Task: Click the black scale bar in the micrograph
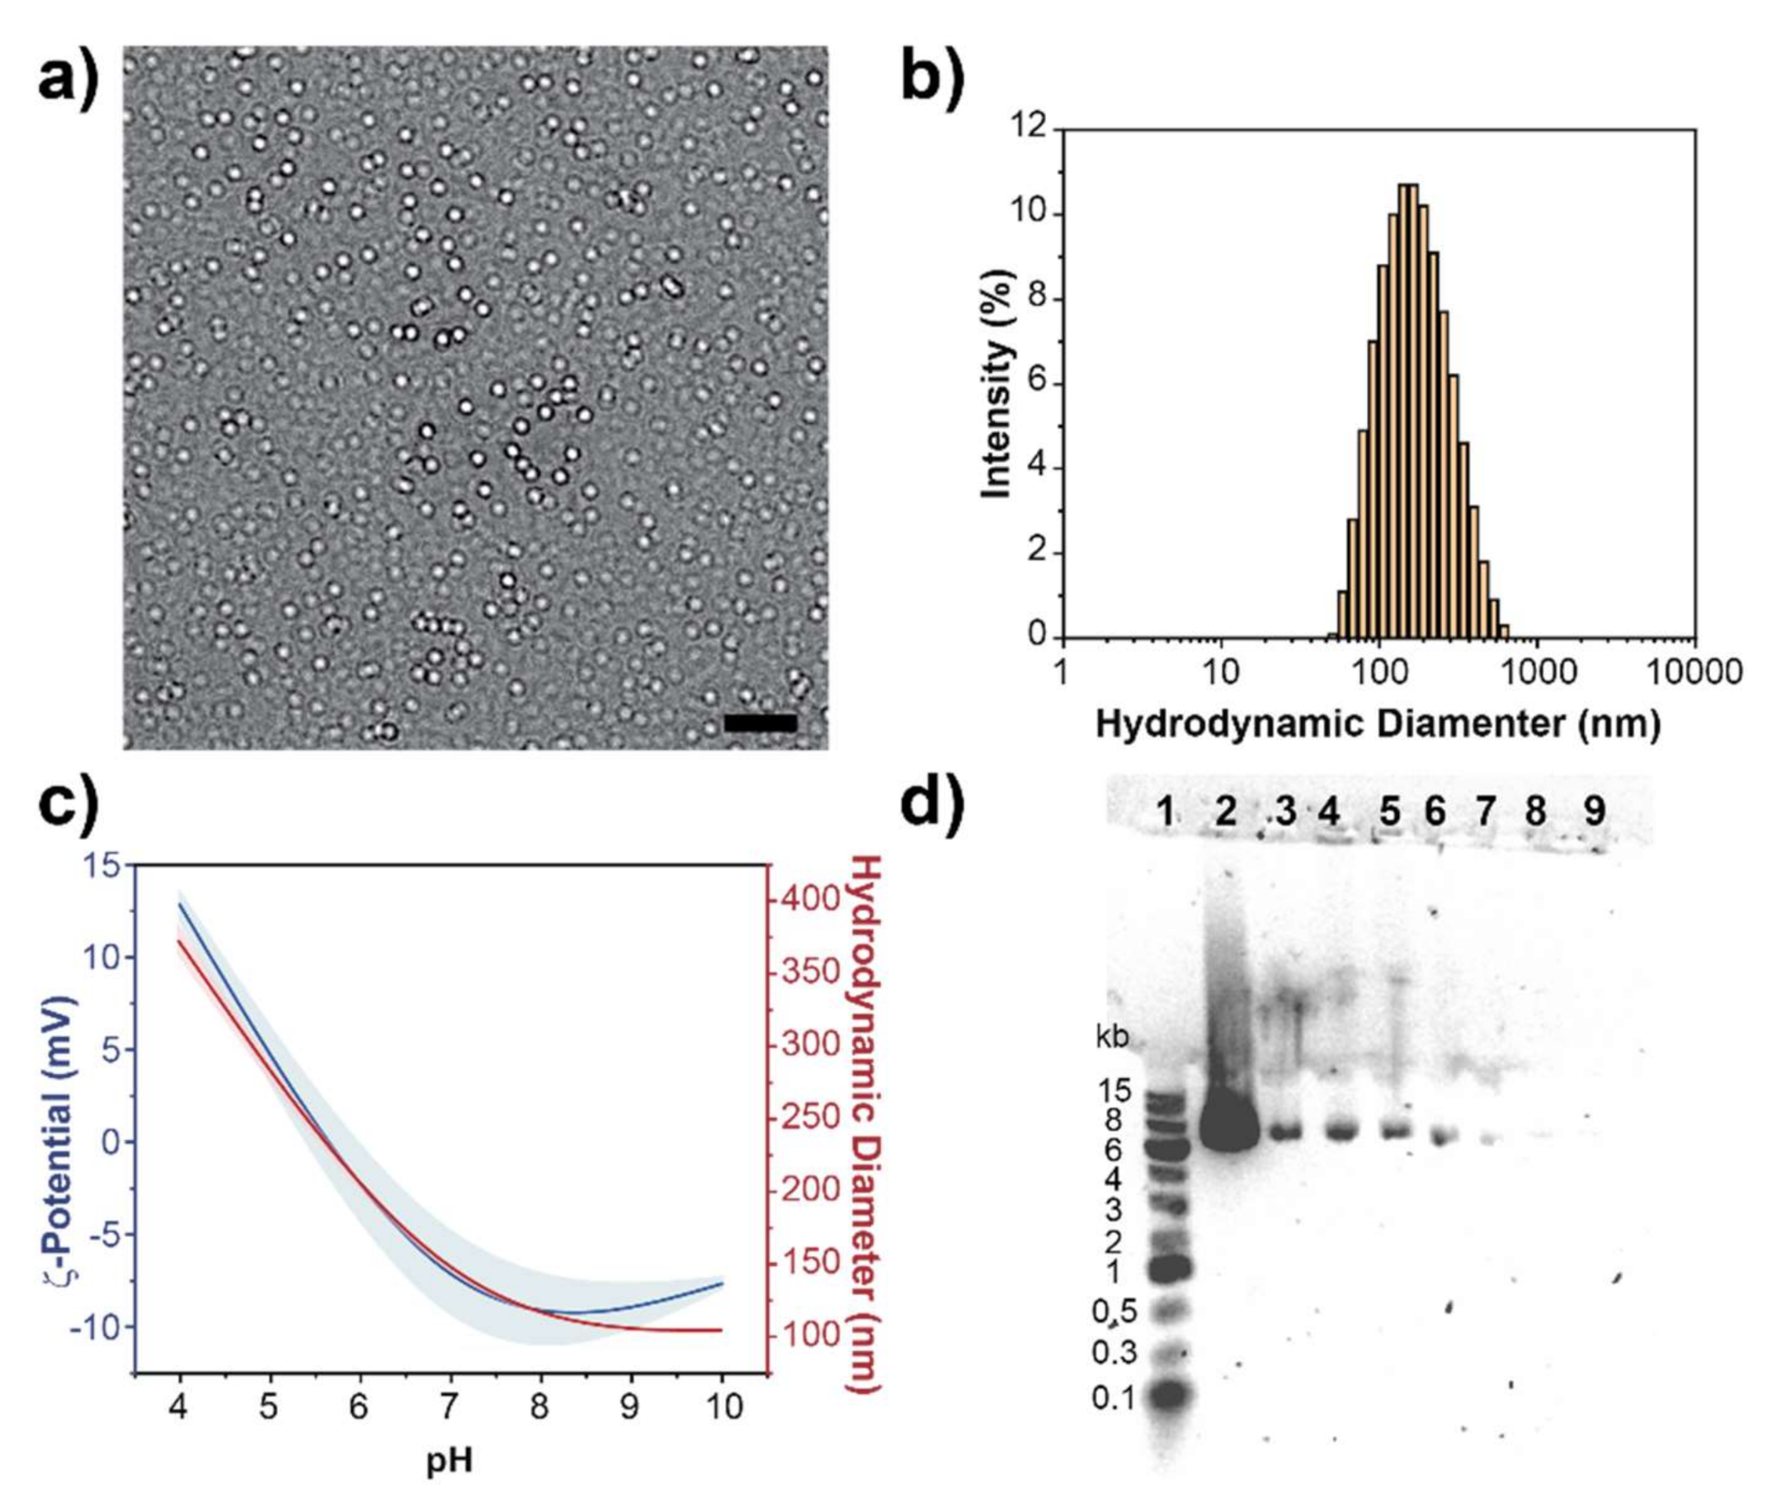point(760,723)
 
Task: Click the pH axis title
point(450,1461)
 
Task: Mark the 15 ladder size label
point(1114,1091)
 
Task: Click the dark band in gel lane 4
point(1341,1133)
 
